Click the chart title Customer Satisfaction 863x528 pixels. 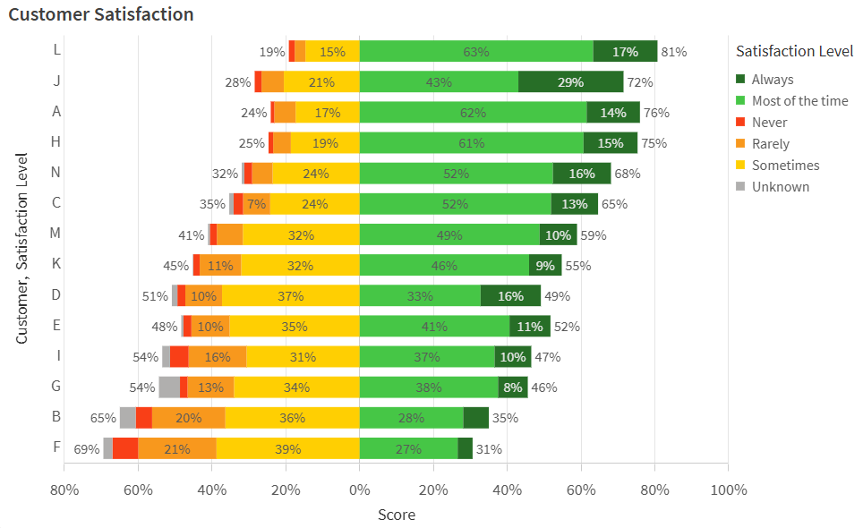(x=101, y=14)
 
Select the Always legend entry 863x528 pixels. (x=772, y=80)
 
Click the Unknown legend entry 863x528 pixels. (x=780, y=187)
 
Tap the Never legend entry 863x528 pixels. (x=769, y=123)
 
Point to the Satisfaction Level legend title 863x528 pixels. (x=792, y=51)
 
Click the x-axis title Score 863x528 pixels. (x=396, y=515)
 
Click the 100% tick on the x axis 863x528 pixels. (x=728, y=490)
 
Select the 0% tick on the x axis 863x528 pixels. (x=360, y=490)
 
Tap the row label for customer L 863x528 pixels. (x=56, y=51)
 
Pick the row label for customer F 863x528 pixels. (x=56, y=447)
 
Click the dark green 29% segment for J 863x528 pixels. (x=570, y=82)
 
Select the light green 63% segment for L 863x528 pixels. (x=476, y=52)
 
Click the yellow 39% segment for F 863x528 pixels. (x=287, y=448)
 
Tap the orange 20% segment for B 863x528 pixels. (x=188, y=418)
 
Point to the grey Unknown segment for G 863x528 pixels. (x=169, y=387)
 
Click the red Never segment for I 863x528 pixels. (x=179, y=356)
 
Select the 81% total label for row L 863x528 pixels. (x=673, y=52)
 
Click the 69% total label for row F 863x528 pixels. (x=86, y=448)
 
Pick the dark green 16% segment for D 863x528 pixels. (x=510, y=295)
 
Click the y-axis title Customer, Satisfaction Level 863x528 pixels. (x=22, y=248)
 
